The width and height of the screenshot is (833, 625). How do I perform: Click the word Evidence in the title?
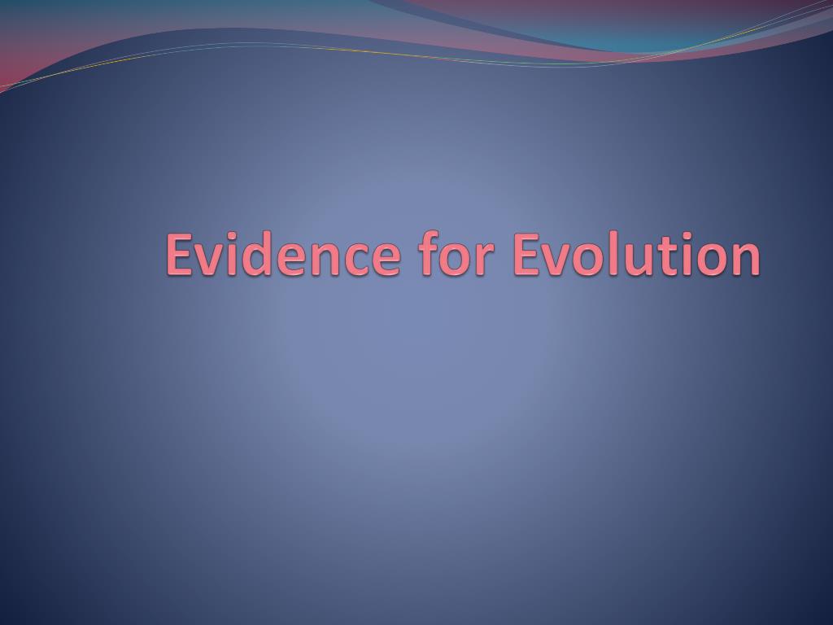(x=283, y=254)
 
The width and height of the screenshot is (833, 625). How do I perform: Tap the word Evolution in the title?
(x=637, y=254)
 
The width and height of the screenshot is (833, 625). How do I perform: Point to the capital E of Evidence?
(x=180, y=254)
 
